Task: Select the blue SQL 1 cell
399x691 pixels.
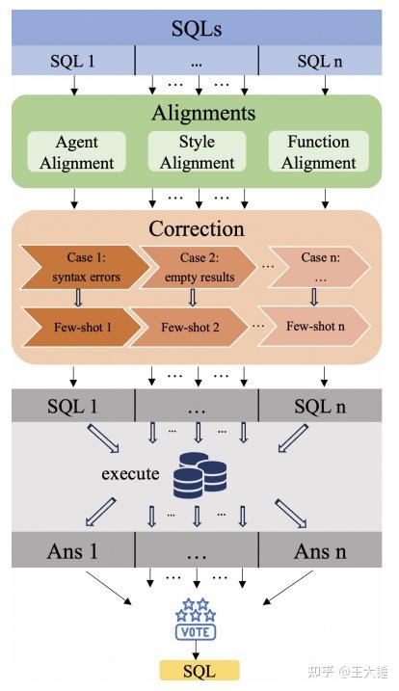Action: (72, 62)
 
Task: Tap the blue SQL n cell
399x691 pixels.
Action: (323, 62)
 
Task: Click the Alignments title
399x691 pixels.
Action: (202, 113)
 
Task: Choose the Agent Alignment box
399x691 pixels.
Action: (76, 152)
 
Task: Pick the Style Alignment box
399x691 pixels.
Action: (197, 152)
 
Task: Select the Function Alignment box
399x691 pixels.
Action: (318, 152)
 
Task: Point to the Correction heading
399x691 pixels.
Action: (197, 229)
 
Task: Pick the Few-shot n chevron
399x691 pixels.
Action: (314, 326)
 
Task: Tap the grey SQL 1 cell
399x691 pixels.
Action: (72, 406)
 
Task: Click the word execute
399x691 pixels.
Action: (128, 475)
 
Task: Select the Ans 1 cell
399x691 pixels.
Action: (72, 552)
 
